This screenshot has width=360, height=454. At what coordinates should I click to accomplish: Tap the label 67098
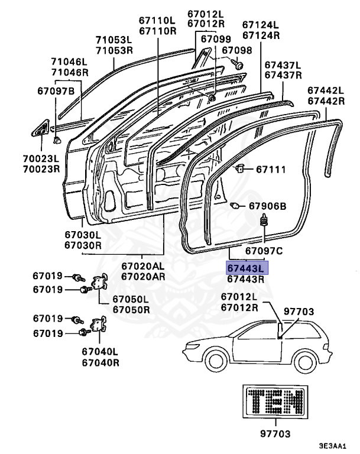(x=236, y=50)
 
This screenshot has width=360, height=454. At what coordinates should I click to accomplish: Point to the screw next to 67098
(x=237, y=64)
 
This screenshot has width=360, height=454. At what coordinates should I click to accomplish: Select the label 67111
(x=271, y=169)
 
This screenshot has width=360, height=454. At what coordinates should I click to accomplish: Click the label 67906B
(x=268, y=206)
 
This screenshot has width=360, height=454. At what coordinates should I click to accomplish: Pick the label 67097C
(x=264, y=251)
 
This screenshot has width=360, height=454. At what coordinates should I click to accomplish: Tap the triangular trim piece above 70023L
(x=40, y=128)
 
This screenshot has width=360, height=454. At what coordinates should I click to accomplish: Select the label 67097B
(x=56, y=91)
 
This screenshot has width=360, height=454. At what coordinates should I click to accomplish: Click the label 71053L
(x=114, y=40)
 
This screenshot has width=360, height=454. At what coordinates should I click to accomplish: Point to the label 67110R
(x=158, y=31)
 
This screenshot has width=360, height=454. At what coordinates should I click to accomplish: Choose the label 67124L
(x=261, y=25)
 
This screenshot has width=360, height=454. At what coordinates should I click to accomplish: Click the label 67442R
(x=326, y=101)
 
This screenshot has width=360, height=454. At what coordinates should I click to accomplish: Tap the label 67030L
(x=83, y=235)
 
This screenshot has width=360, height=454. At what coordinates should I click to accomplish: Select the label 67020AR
(x=143, y=276)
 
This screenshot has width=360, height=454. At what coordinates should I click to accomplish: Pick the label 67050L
(x=131, y=299)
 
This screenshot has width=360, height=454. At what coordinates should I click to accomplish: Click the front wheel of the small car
(x=215, y=361)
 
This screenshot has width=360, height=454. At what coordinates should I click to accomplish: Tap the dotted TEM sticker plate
(x=275, y=401)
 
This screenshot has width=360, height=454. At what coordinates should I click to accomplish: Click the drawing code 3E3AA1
(x=332, y=446)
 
